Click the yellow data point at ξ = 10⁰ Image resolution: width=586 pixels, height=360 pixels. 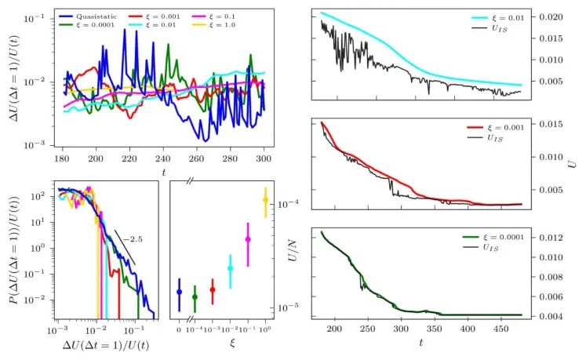265,201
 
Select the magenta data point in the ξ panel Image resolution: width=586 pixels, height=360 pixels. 248,239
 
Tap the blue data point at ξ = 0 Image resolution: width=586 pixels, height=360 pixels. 179,292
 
